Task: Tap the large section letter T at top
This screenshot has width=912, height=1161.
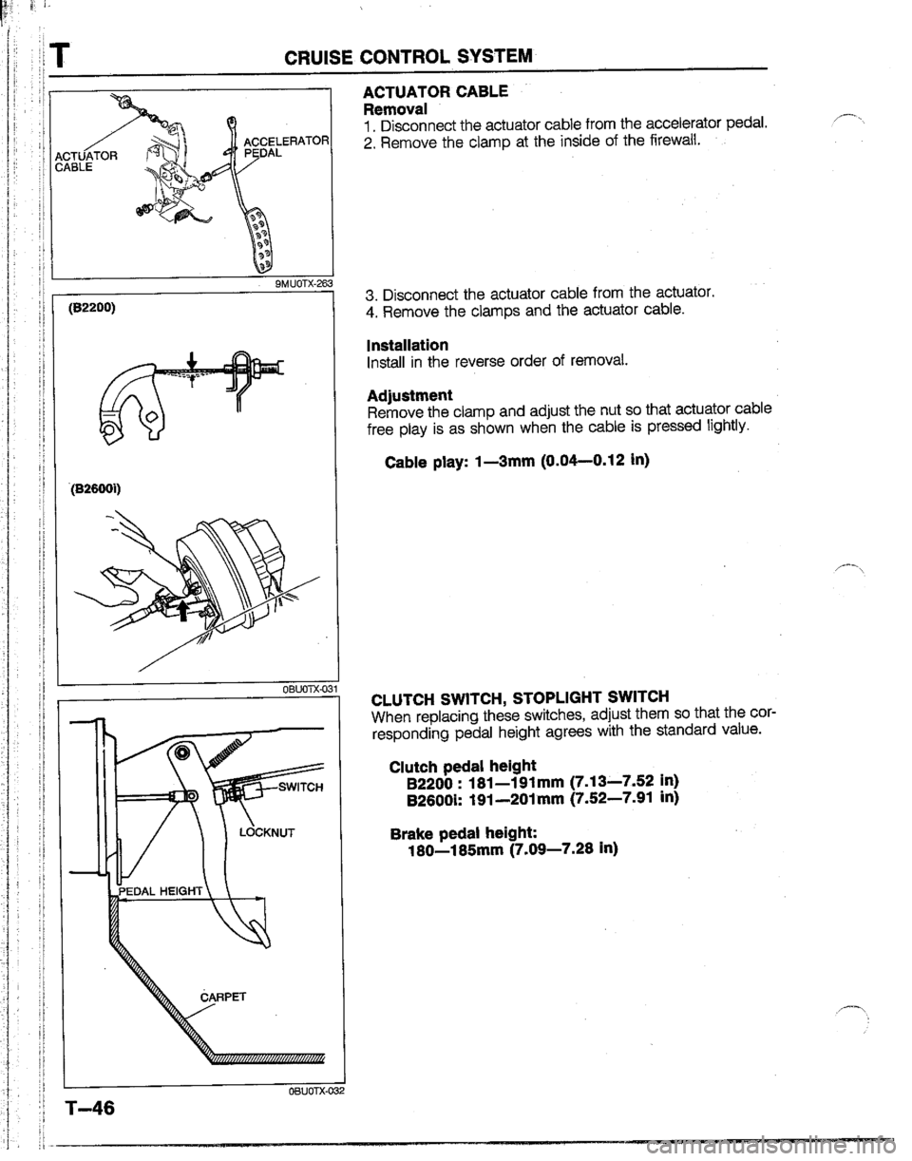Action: click(x=58, y=54)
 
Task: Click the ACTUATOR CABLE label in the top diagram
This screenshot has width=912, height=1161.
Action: click(x=81, y=161)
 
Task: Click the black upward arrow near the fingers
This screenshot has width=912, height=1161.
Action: click(x=183, y=610)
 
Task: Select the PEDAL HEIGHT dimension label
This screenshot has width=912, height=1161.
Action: click(x=161, y=890)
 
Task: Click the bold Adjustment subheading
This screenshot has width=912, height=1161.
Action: click(x=409, y=395)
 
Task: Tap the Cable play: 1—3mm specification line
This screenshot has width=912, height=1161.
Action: click(x=517, y=460)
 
